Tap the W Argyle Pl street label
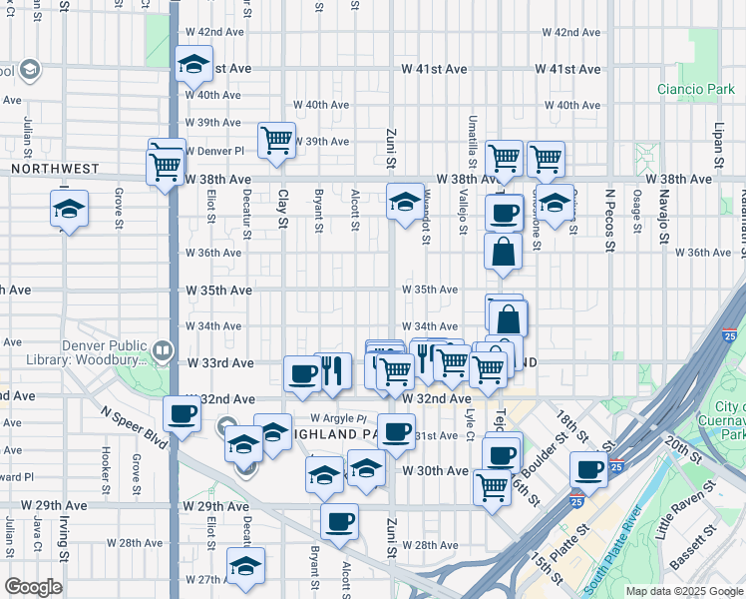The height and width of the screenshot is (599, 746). point(339,417)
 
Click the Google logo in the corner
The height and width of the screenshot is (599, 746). point(33,586)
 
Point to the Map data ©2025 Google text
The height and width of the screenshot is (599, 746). point(683,591)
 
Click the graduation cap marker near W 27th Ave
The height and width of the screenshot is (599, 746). point(245,565)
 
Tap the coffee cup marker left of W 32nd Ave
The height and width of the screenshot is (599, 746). point(183,412)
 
